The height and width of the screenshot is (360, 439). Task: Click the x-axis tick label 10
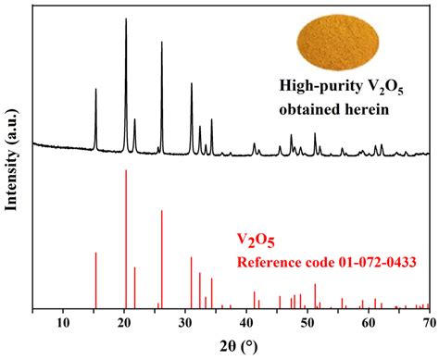tap(63, 322)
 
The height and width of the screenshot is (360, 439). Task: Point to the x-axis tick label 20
tap(125, 322)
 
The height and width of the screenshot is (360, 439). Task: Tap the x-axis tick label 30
tap(186, 322)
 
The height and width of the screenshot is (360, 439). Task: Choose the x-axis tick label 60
tap(370, 322)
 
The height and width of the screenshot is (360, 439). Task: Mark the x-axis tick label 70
tap(428, 322)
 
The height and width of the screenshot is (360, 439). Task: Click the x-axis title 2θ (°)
tap(232, 346)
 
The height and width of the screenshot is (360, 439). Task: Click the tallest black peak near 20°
tap(126, 20)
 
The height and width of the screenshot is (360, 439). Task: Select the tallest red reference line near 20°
tap(126, 172)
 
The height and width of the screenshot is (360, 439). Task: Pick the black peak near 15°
tap(95, 91)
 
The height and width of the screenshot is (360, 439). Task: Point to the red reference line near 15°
tap(95, 254)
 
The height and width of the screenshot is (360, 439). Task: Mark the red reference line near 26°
tap(162, 212)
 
